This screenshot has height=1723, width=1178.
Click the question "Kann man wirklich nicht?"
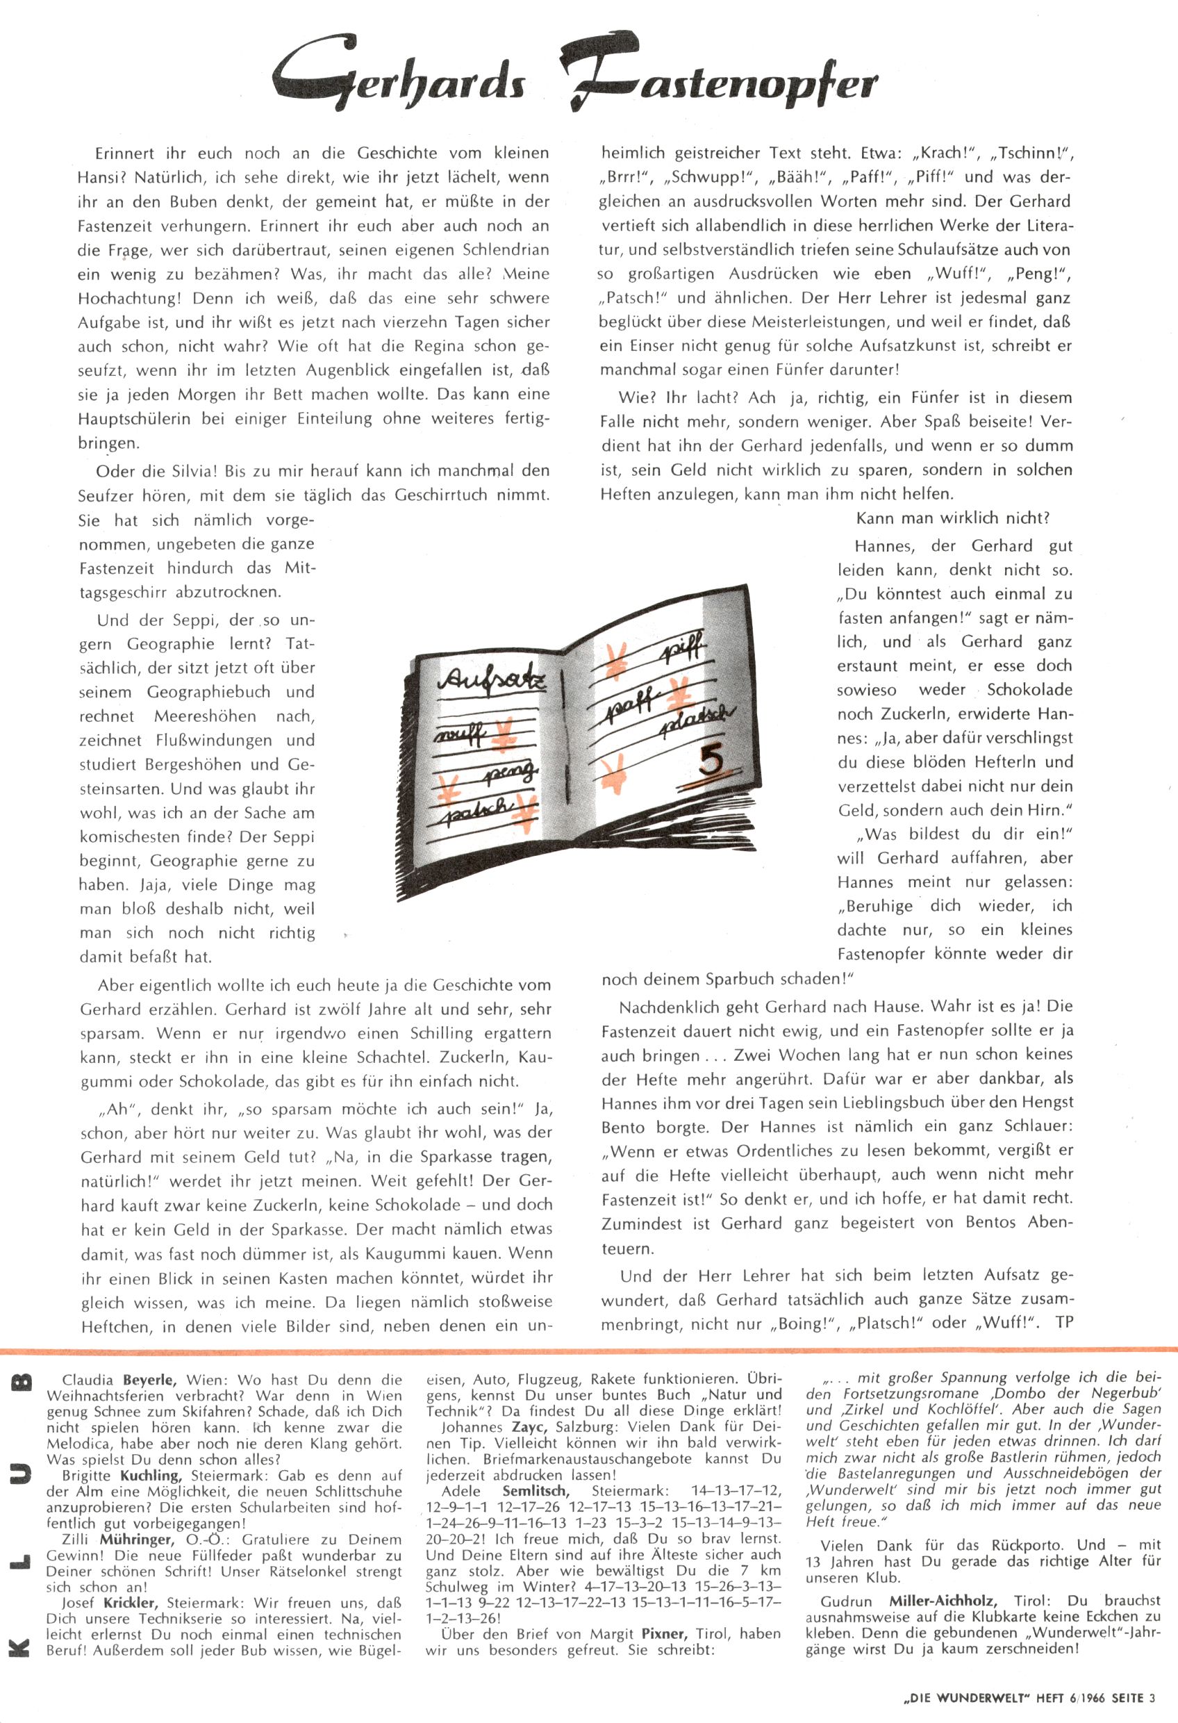coord(953,518)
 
